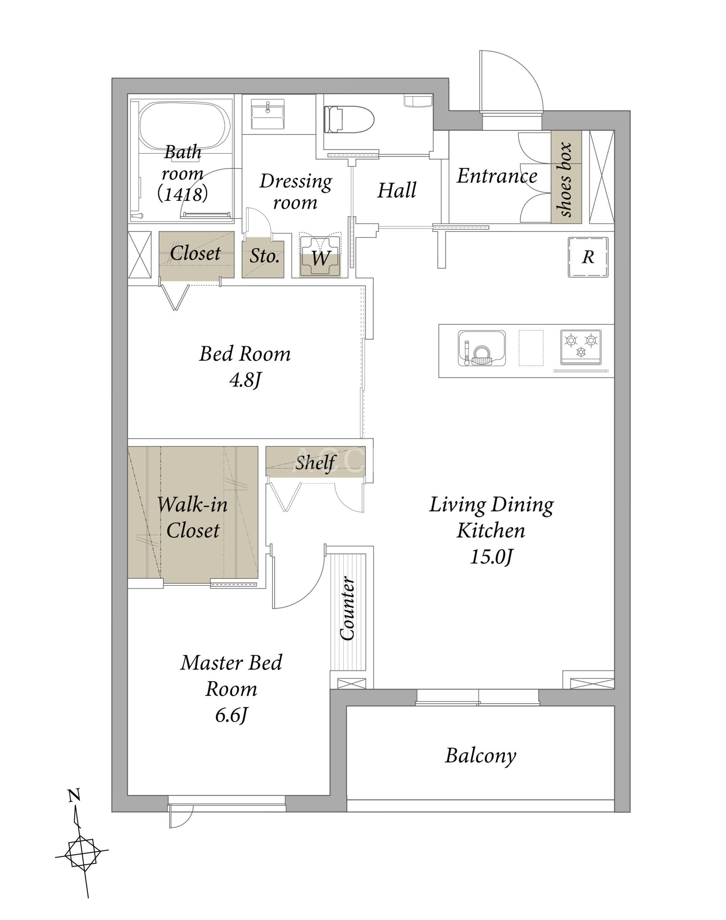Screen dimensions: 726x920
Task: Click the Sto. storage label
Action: (x=264, y=256)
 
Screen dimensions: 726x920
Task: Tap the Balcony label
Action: (x=481, y=756)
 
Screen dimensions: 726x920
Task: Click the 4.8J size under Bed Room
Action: (x=245, y=380)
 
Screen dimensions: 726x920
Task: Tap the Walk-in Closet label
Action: (x=192, y=517)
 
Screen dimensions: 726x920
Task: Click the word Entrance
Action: (x=497, y=176)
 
